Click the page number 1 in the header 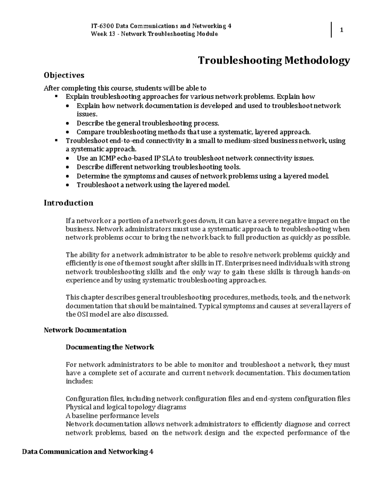[341, 30]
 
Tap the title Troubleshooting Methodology [274, 60]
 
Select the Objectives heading [64, 75]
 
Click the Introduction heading [68, 203]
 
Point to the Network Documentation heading [85, 330]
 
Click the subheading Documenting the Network [110, 347]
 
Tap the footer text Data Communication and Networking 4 [88, 452]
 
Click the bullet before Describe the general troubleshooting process [68, 124]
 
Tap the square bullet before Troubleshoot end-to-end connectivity [56, 140]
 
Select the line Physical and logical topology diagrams [126, 407]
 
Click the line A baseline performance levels [112, 416]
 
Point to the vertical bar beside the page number [331, 30]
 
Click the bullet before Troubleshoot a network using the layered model [68, 186]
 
